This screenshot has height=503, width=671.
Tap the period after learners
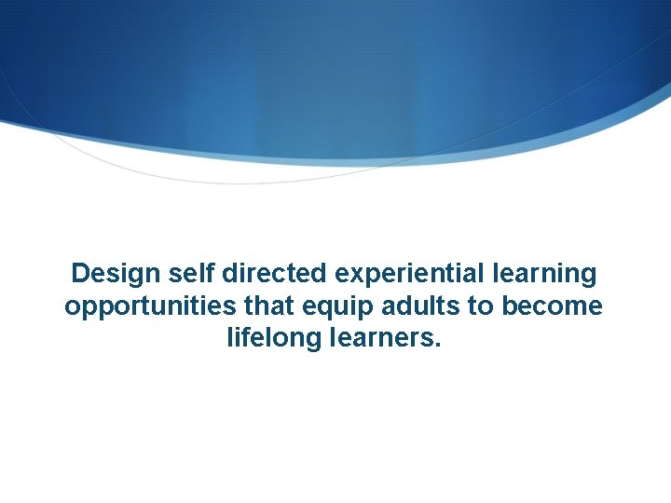[437, 345]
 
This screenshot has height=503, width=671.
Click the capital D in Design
[81, 274]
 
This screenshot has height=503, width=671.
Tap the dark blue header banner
[335, 65]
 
